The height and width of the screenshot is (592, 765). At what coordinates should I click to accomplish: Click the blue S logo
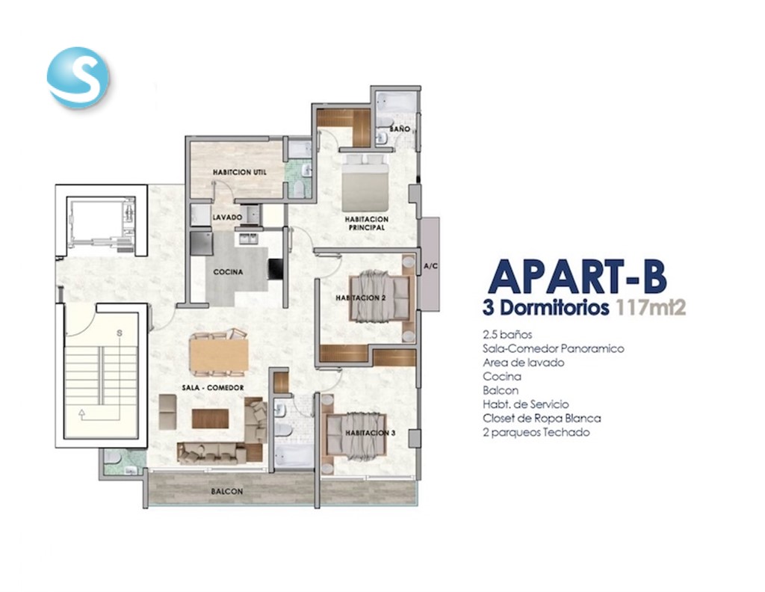[x=78, y=77]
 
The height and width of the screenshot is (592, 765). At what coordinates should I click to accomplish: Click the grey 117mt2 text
[x=651, y=308]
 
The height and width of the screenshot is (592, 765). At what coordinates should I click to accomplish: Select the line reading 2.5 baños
[x=507, y=335]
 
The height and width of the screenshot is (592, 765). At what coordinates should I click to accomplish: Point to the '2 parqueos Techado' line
[x=536, y=432]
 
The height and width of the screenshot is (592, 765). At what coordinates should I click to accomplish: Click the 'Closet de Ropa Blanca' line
[x=542, y=419]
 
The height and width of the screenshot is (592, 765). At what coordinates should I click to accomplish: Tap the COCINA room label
[x=228, y=272]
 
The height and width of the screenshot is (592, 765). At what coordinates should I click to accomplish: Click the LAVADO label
[x=227, y=218]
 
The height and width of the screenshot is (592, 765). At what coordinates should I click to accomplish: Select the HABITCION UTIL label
[x=240, y=172]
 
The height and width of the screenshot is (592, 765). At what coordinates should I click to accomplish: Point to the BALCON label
[x=227, y=491]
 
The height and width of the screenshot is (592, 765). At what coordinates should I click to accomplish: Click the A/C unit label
[x=430, y=266]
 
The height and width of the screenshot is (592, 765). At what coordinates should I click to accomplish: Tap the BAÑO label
[x=400, y=129]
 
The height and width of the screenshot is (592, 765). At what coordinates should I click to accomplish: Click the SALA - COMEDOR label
[x=213, y=387]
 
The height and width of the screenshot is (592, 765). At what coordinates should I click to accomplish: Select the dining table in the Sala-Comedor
[x=219, y=354]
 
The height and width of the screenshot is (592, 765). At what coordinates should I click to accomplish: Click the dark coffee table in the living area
[x=210, y=419]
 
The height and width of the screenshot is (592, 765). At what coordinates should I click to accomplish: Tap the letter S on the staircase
[x=119, y=333]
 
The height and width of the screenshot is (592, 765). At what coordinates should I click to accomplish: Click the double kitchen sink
[x=248, y=238]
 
